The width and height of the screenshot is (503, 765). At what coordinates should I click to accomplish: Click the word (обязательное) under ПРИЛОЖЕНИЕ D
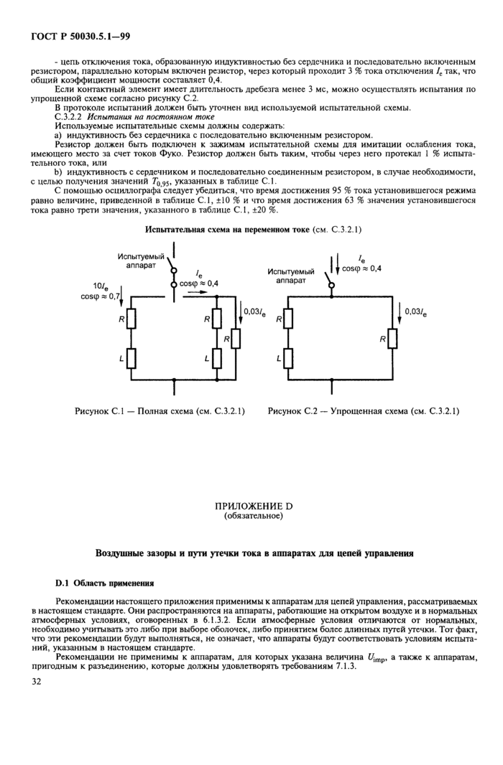point(253,516)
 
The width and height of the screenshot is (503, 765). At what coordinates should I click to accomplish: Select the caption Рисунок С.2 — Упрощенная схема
point(364,411)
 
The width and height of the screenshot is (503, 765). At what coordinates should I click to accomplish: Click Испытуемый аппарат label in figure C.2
point(291,276)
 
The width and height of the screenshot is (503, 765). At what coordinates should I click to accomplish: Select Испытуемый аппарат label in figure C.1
point(141,260)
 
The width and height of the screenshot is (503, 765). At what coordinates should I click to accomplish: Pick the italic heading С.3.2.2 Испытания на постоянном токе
point(134,116)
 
